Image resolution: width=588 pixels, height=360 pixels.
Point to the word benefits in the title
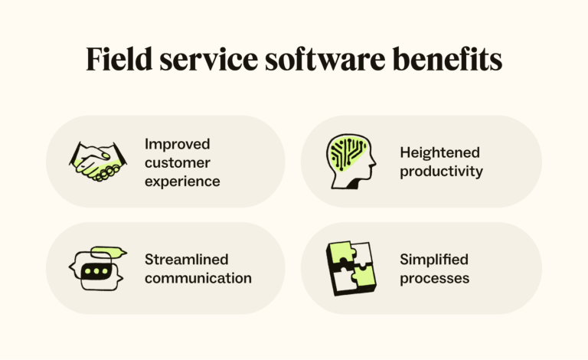(x=444, y=60)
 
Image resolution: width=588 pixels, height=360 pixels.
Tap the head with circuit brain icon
(x=351, y=162)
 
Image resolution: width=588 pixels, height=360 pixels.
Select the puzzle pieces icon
(x=351, y=268)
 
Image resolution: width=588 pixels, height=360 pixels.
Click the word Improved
(x=178, y=144)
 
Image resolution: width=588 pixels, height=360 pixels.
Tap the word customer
(x=178, y=162)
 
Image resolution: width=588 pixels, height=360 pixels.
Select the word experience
(x=182, y=182)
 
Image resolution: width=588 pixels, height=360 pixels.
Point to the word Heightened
(x=439, y=153)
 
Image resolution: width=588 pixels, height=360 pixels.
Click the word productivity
(x=441, y=172)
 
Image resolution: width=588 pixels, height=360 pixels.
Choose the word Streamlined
(x=187, y=259)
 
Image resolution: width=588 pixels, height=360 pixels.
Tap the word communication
(x=198, y=278)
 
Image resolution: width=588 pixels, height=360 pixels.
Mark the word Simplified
(x=433, y=259)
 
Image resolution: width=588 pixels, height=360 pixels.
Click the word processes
(x=434, y=278)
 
